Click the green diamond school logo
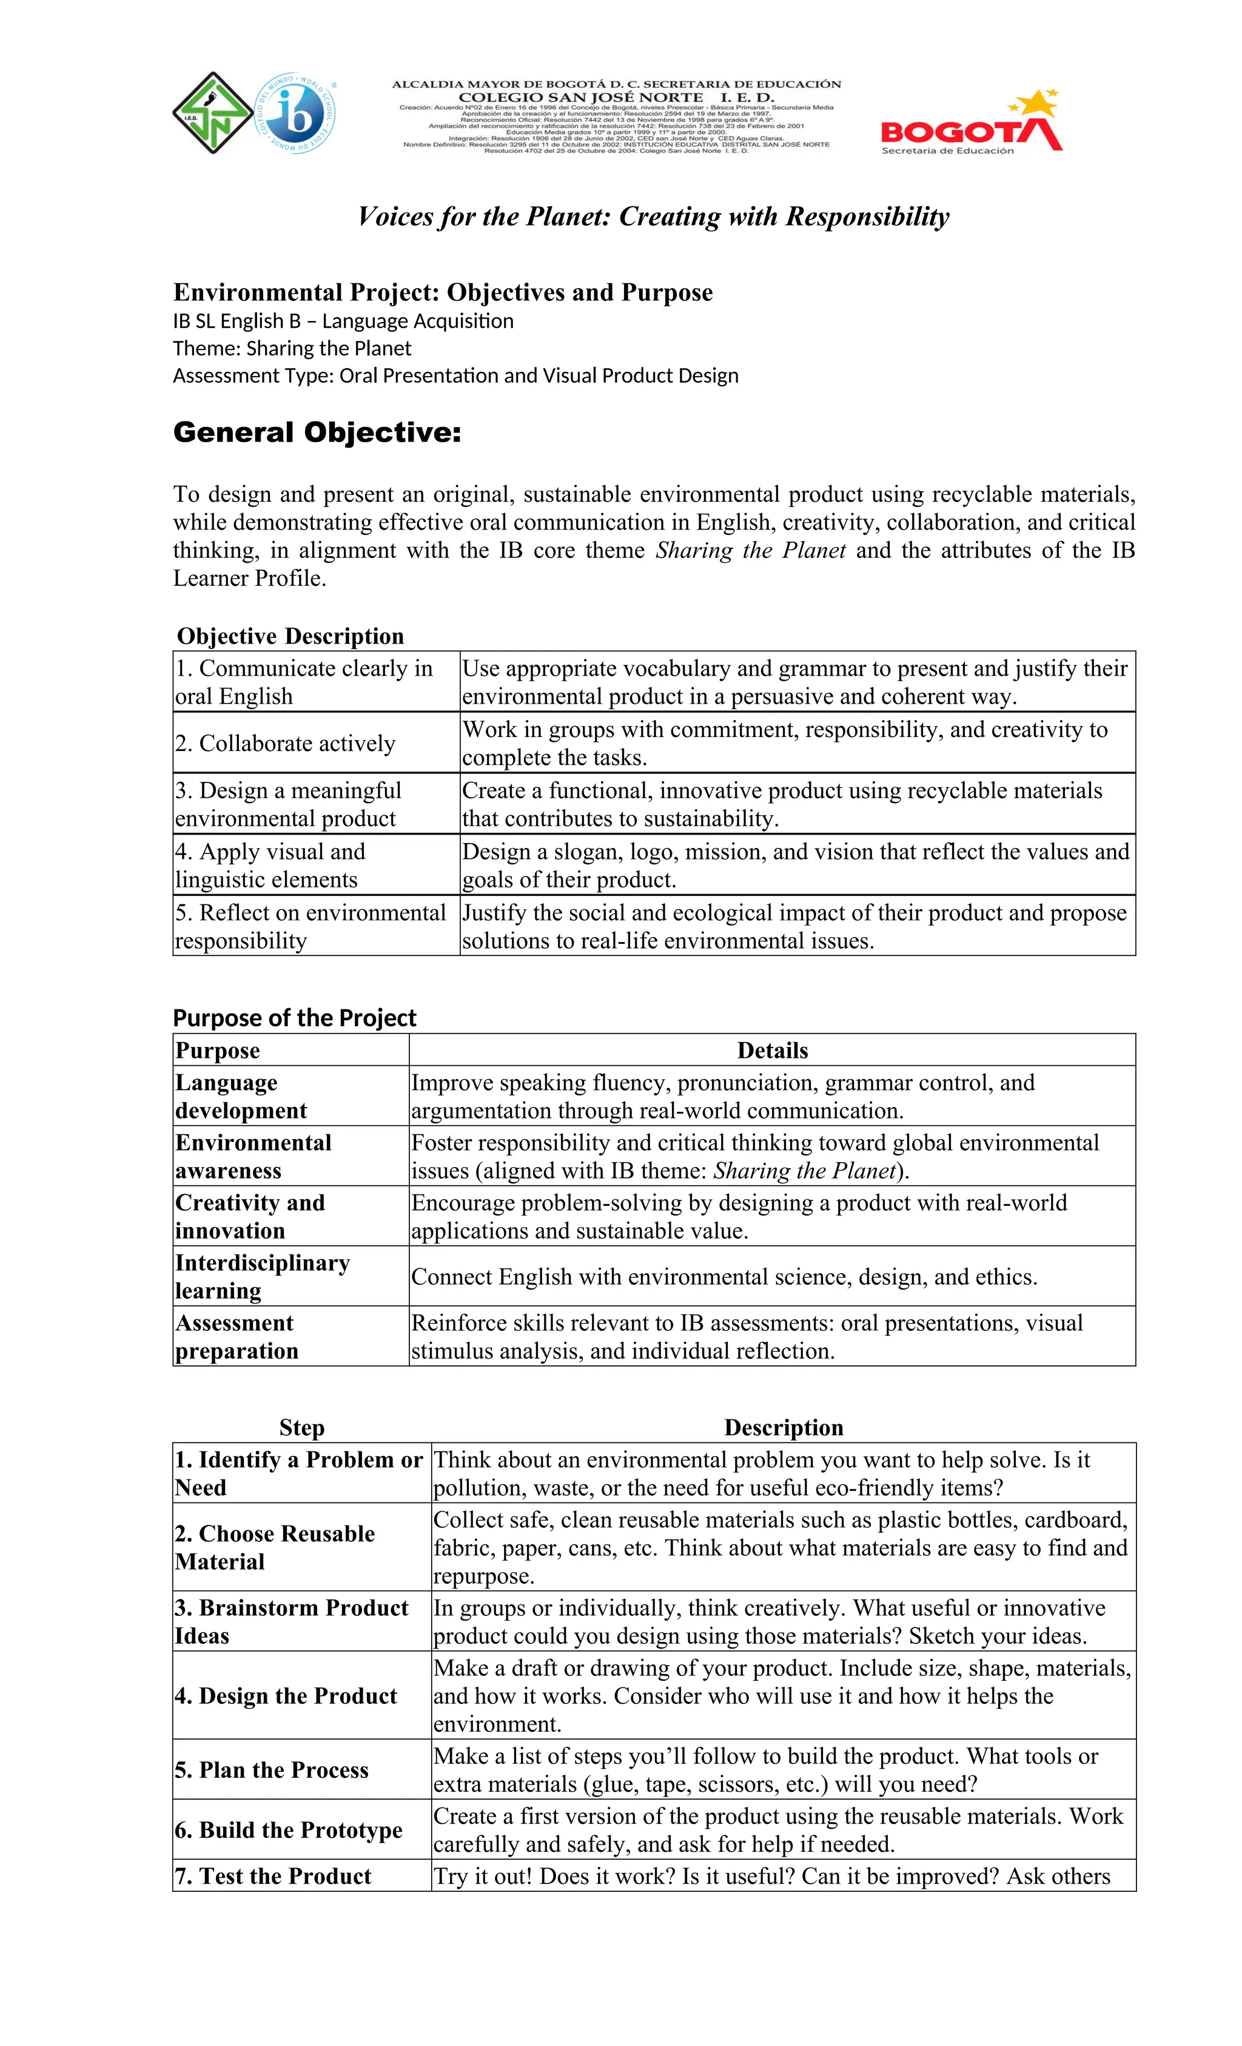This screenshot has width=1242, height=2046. (212, 113)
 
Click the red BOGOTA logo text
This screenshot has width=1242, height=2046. (955, 133)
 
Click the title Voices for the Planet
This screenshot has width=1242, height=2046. (653, 217)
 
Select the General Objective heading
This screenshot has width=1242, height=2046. (317, 432)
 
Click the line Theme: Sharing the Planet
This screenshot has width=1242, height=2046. (292, 348)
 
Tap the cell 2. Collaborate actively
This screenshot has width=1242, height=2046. (285, 743)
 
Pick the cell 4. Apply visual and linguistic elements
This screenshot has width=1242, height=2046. (270, 865)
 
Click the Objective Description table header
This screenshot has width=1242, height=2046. (290, 636)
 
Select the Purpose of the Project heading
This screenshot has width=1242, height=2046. (294, 1017)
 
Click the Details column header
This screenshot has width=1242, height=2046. (771, 1051)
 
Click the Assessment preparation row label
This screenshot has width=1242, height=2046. (236, 1336)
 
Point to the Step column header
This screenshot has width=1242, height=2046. (301, 1427)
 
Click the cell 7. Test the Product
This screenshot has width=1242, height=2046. (272, 1876)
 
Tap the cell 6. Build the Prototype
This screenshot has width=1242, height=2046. (287, 1829)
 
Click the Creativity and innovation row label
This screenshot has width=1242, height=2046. (249, 1216)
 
